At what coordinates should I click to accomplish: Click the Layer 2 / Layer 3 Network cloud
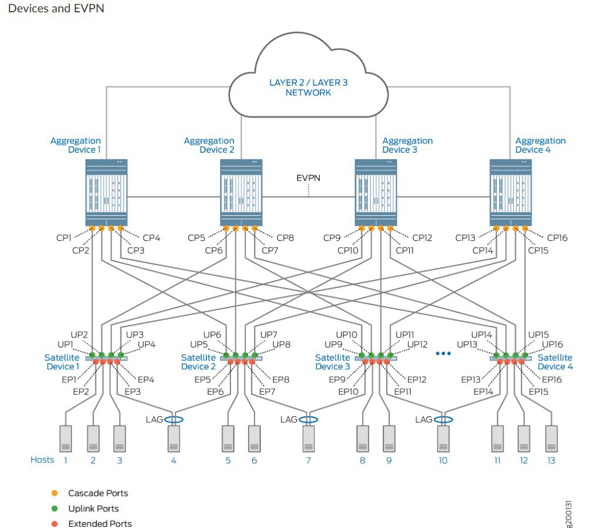[x=308, y=76]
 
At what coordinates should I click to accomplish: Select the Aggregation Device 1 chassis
[x=106, y=192]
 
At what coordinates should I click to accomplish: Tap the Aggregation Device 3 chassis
[x=376, y=192]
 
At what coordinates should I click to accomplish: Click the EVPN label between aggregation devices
[x=308, y=178]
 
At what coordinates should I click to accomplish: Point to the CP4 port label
[x=151, y=238]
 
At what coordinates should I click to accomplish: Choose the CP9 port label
[x=332, y=238]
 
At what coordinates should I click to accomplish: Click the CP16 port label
[x=557, y=238]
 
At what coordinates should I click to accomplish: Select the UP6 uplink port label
[x=212, y=335]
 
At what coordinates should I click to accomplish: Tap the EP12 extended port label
[x=417, y=379]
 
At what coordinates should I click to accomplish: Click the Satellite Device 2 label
[x=198, y=362]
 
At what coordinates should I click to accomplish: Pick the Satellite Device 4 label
[x=555, y=362]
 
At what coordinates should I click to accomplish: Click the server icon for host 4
[x=174, y=439]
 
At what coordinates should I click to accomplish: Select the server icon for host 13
[x=551, y=439]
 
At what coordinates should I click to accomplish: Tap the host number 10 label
[x=443, y=460]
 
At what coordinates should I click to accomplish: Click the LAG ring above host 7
[x=308, y=419]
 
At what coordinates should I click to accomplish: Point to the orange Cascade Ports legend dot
[x=55, y=493]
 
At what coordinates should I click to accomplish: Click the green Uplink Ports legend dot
[x=55, y=509]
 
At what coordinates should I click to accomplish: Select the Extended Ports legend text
[x=100, y=523]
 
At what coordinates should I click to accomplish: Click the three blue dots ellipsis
[x=443, y=353]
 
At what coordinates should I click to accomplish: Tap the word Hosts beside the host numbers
[x=42, y=460]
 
